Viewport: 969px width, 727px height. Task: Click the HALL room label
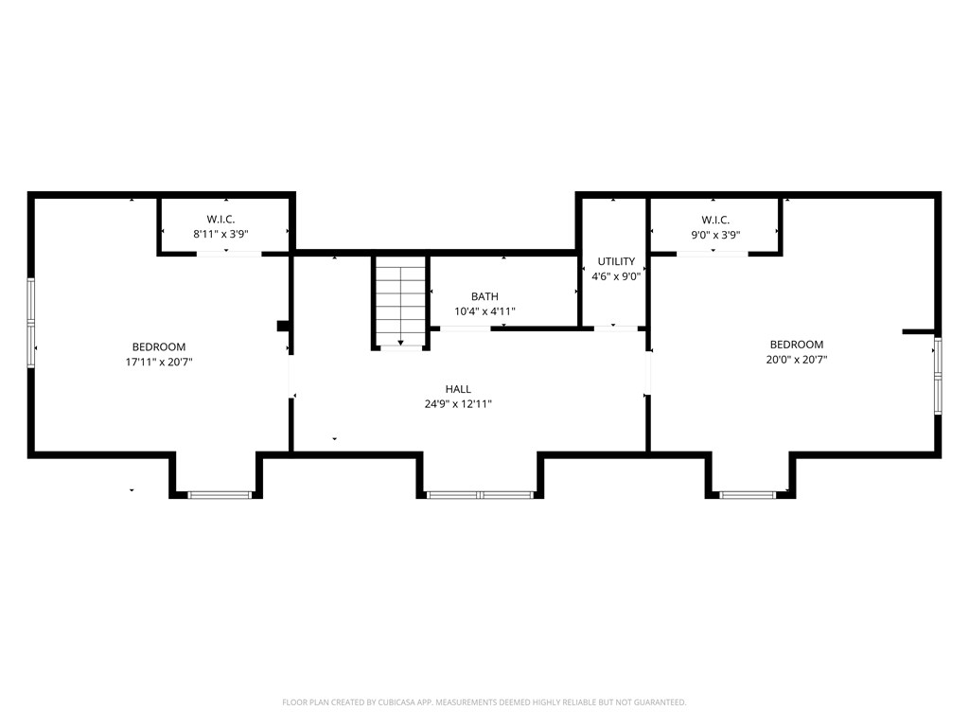[x=458, y=389]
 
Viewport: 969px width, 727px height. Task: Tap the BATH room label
[x=484, y=296]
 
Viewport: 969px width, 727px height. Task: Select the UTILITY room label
[x=616, y=261]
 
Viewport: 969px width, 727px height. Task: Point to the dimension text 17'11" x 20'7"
[x=159, y=362]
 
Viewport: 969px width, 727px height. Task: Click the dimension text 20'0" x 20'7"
[x=797, y=359]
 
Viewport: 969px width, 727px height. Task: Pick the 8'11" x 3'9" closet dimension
[x=220, y=235]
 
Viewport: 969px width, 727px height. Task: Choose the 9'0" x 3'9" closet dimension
[x=715, y=235]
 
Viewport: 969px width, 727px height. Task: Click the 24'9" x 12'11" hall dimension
[x=458, y=404]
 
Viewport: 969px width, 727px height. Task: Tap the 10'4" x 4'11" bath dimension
[x=484, y=311]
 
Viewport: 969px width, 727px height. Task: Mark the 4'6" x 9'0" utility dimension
[x=616, y=276]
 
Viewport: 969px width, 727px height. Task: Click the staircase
[x=400, y=303]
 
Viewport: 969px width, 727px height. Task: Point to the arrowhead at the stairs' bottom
[x=400, y=343]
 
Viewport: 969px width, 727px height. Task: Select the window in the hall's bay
[x=480, y=494]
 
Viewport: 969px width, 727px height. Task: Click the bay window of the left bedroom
[x=220, y=494]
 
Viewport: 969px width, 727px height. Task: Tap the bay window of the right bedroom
[x=748, y=494]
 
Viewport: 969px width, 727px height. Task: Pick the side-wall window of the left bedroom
[x=31, y=323]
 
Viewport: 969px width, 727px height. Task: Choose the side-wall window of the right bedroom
[x=938, y=375]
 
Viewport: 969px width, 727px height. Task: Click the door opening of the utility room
[x=615, y=328]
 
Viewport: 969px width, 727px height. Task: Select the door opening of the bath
[x=466, y=328]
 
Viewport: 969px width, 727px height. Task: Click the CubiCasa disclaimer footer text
[x=484, y=702]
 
